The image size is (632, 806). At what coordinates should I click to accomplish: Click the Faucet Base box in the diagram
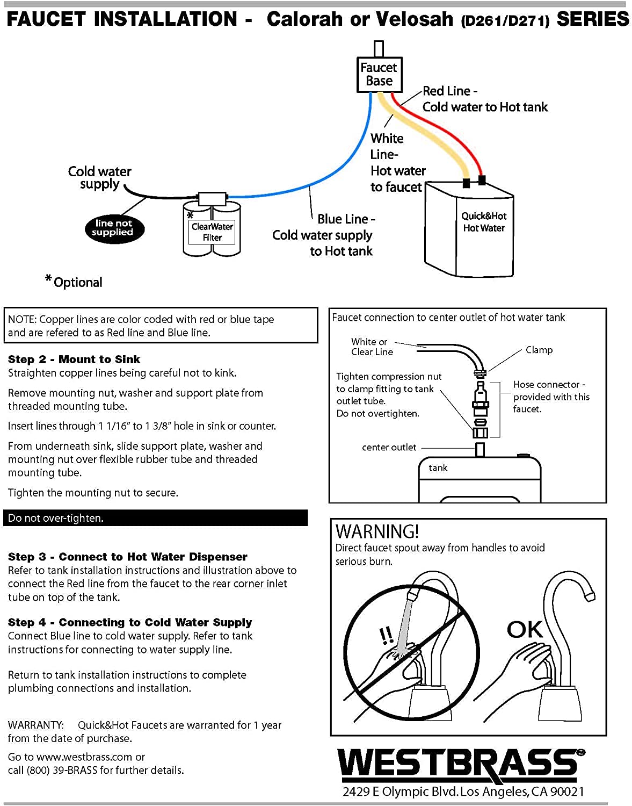[379, 74]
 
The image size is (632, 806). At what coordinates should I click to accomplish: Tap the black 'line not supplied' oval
[114, 228]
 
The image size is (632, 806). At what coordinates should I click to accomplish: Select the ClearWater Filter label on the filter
[212, 232]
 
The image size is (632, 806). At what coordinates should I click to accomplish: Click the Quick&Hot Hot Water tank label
[484, 222]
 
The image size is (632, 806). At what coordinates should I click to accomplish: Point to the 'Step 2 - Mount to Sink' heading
[74, 359]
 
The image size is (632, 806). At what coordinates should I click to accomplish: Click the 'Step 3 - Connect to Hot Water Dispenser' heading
[128, 557]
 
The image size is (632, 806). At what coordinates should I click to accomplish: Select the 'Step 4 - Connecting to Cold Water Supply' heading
[130, 622]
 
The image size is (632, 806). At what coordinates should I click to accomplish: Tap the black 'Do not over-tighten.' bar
[156, 518]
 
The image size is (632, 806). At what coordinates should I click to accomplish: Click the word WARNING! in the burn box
[377, 531]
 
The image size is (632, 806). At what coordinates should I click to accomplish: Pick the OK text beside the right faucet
[525, 629]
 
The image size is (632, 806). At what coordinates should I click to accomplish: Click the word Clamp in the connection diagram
[539, 350]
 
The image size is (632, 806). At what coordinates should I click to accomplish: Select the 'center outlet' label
[389, 447]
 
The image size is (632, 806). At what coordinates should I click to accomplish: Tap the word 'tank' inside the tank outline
[438, 468]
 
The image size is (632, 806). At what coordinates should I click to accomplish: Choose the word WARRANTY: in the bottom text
[35, 725]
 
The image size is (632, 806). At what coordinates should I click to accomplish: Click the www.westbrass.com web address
[84, 757]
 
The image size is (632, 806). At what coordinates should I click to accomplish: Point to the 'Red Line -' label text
[450, 91]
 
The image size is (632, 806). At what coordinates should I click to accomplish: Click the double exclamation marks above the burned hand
[386, 635]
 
